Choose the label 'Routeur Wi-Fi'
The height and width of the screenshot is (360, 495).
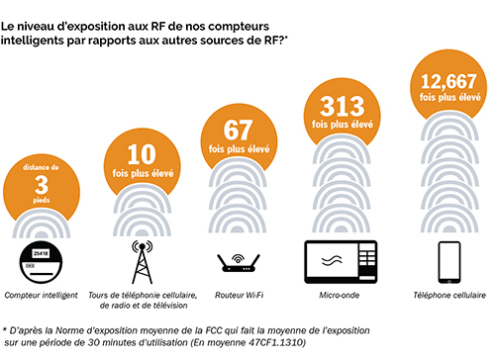[240, 295]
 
